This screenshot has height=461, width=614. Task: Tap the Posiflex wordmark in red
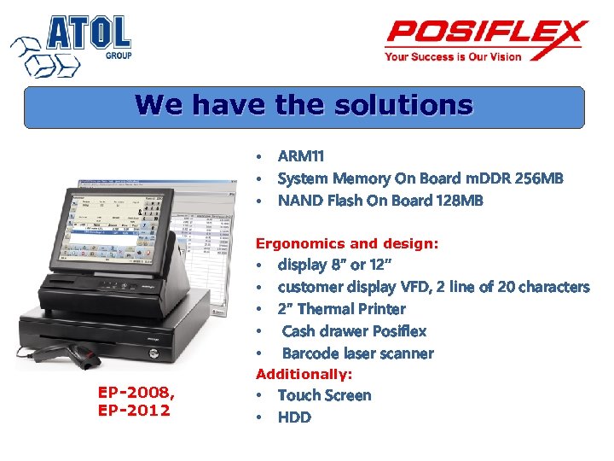(486, 34)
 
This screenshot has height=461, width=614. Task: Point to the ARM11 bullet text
(301, 156)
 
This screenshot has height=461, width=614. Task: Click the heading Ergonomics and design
(347, 244)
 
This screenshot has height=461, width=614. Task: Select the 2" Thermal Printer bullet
(341, 309)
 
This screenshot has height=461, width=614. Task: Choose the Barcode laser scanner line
(357, 353)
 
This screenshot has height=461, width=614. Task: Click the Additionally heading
(304, 375)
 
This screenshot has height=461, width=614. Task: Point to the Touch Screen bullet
(324, 395)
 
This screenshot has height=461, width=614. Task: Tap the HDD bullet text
(294, 417)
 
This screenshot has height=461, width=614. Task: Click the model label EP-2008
(136, 393)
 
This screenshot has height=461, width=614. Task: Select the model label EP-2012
(134, 411)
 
